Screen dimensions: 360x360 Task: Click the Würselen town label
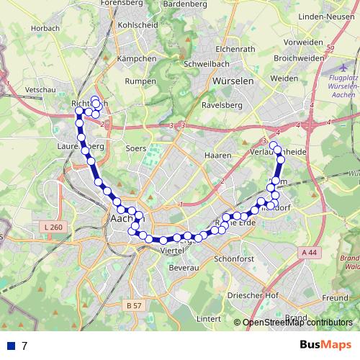(233, 81)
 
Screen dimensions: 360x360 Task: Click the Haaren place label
(217, 155)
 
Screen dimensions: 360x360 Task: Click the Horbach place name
(45, 29)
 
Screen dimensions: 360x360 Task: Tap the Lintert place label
(208, 318)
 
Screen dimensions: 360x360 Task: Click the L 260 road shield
(53, 228)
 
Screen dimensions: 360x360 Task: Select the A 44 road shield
(309, 252)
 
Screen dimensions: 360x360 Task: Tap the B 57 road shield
(135, 305)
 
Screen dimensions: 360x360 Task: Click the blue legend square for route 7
(10, 346)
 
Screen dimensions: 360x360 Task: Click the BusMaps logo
(325, 345)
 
